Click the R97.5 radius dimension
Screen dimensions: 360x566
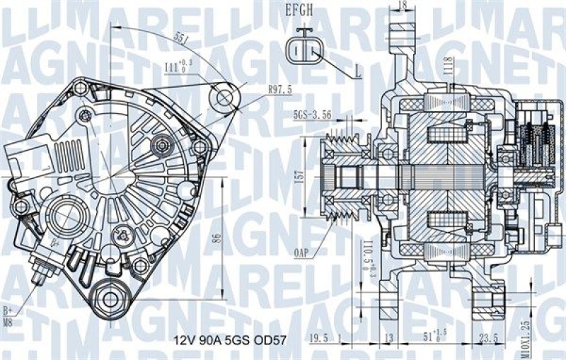coord(281,90)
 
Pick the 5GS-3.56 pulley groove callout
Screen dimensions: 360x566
coord(312,114)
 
